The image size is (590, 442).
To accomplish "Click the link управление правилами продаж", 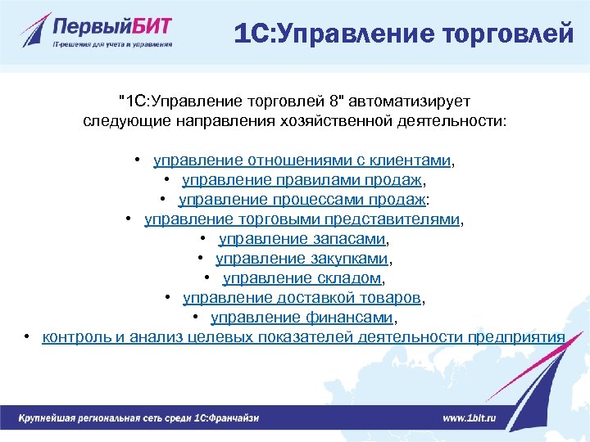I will [x=304, y=180].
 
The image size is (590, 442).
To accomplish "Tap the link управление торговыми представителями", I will [x=302, y=219].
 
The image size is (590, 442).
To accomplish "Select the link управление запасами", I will [x=302, y=239].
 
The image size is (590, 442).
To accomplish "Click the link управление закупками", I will [x=302, y=259].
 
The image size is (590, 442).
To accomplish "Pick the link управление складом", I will [x=302, y=278].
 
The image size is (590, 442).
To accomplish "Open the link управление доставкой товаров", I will [x=302, y=298].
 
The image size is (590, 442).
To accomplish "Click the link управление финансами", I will [x=302, y=318].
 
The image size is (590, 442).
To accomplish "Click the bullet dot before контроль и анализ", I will [x=28, y=337].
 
